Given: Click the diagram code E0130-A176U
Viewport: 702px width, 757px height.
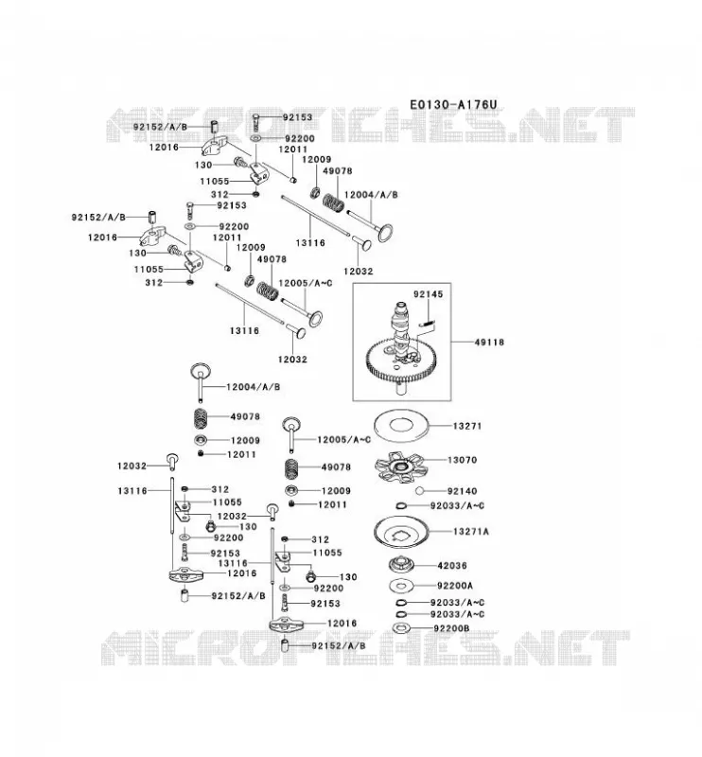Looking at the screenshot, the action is point(453,105).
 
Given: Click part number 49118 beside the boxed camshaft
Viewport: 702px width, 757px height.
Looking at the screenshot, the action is point(489,343).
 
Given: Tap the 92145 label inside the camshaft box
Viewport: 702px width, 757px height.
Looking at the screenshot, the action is point(428,294).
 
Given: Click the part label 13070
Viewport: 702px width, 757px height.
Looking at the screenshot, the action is point(462,460).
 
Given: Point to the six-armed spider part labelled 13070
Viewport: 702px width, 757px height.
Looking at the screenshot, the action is point(399,467).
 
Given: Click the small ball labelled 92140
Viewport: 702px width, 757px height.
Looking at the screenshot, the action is point(419,491).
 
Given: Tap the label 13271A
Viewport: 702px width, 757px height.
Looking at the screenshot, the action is point(471,532).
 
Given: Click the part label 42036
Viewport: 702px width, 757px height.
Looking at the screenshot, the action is point(452,565).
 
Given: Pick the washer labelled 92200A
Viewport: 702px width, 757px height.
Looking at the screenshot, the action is point(402,586).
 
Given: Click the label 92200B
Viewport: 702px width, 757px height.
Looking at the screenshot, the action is point(451,628).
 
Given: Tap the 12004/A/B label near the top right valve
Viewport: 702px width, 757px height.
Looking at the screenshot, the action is point(371,195).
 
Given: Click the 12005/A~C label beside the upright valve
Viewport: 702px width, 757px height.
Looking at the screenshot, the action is point(343,439).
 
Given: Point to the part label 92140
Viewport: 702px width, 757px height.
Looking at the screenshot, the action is point(462,491).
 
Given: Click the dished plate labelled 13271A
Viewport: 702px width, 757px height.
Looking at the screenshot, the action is point(400,533).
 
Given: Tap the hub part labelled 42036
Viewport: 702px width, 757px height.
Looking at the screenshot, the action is point(401,564).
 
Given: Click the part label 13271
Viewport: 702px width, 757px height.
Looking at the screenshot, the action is point(466,426).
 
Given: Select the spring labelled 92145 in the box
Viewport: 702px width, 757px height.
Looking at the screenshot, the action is point(427,324).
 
